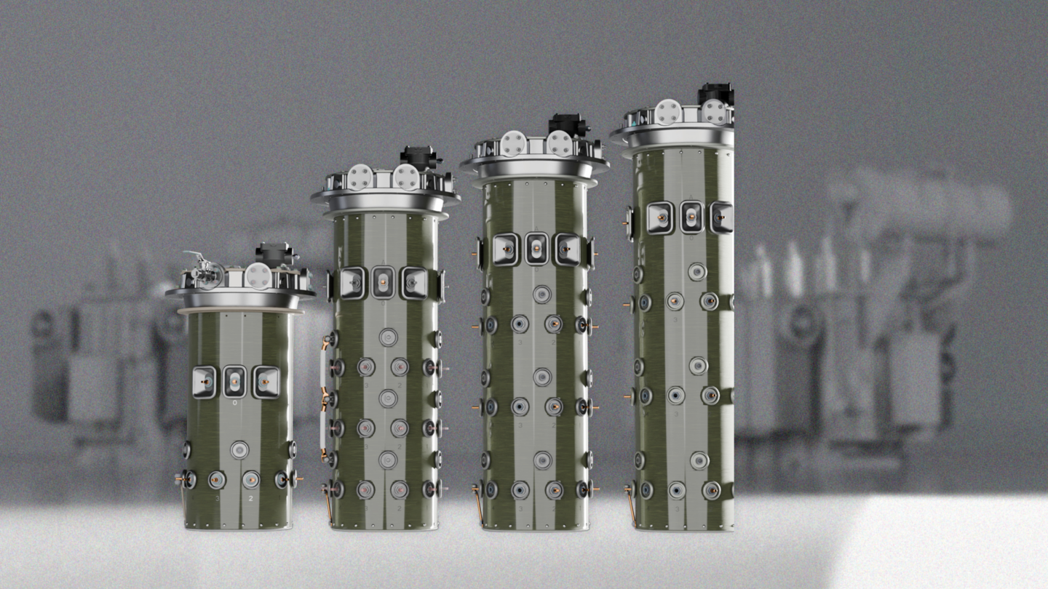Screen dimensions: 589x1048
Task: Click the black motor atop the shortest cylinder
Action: [276, 254]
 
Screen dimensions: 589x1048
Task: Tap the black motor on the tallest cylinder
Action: [715, 94]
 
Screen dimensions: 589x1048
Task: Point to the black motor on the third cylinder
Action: [568, 124]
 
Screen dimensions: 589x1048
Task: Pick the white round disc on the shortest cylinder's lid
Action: [258, 276]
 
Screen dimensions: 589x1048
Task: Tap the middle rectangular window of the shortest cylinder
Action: [234, 381]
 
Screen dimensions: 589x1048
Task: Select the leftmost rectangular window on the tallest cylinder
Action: [659, 217]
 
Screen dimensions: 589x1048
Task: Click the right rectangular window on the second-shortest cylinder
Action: [414, 283]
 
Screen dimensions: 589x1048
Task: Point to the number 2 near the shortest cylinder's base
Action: [250, 499]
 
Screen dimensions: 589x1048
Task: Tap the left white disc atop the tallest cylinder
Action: [667, 112]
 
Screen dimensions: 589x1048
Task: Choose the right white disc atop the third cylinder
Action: [559, 143]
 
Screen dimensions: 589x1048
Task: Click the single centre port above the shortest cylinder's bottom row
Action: [239, 449]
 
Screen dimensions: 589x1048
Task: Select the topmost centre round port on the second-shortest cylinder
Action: [388, 337]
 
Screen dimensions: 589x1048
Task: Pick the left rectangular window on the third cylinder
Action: [505, 249]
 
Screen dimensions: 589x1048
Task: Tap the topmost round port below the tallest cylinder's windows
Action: [697, 271]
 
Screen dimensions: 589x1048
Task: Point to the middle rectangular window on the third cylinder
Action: [537, 248]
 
